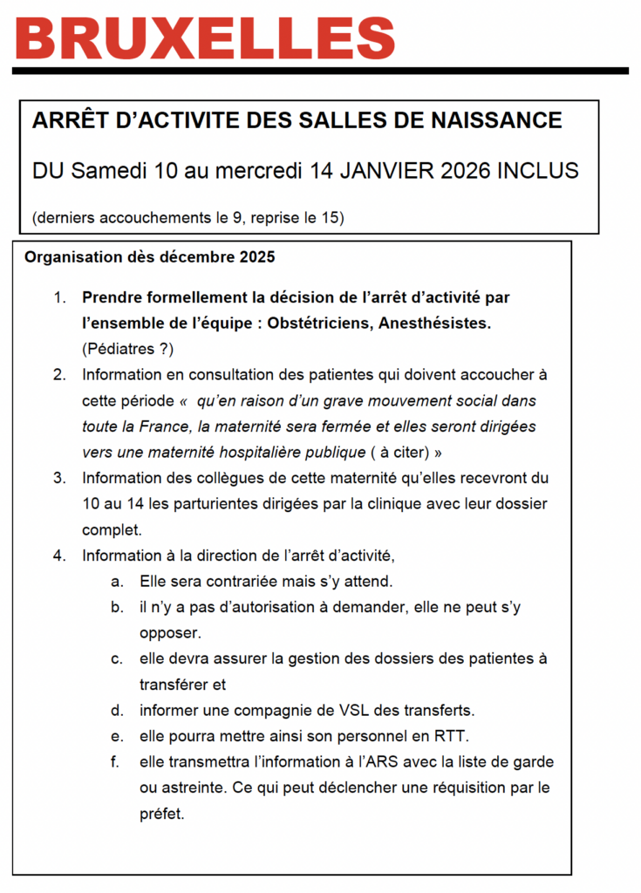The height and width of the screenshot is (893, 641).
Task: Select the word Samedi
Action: [x=108, y=170]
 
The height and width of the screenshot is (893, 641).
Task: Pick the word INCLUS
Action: [x=537, y=170]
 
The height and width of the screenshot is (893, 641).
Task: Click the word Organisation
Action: [x=71, y=257]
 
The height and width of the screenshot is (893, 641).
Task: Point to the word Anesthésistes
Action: [x=441, y=324]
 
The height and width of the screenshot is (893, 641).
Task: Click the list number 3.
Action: [x=59, y=478]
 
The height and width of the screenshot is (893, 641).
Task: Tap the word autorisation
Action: [x=256, y=607]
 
